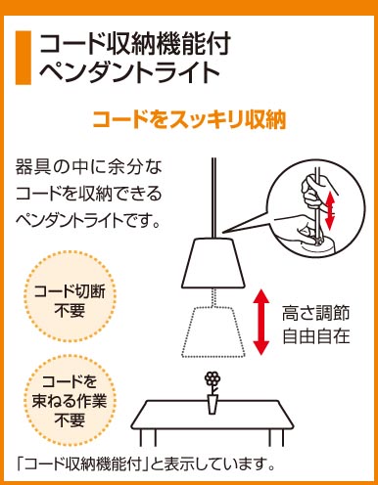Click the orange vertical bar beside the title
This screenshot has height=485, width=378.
[24, 58]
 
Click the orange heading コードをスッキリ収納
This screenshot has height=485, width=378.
[189, 119]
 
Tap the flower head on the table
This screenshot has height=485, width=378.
[213, 378]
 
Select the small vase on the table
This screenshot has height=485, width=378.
[213, 404]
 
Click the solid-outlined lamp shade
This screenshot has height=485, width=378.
[213, 263]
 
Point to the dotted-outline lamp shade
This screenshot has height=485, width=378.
[213, 331]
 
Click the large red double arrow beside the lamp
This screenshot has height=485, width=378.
[261, 322]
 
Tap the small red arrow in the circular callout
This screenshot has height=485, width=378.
[330, 210]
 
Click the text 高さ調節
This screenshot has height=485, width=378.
[315, 313]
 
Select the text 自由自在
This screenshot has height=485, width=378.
[315, 336]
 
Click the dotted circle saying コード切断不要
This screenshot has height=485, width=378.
[70, 296]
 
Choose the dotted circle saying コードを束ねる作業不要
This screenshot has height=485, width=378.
[70, 401]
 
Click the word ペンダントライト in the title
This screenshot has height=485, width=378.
[129, 71]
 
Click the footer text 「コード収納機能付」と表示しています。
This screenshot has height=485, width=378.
[146, 463]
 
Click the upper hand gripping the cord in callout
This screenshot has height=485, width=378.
[312, 193]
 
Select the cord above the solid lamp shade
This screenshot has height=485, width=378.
[213, 198]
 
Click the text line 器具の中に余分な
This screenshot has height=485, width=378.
[89, 167]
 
